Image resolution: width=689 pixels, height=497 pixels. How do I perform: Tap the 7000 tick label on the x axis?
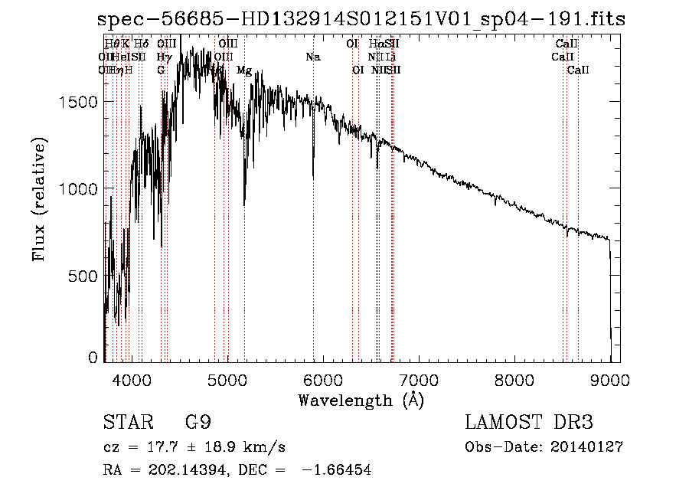click(418, 379)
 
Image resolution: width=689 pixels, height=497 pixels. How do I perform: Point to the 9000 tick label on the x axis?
click(610, 379)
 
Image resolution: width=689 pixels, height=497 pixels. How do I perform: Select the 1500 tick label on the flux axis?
click(79, 102)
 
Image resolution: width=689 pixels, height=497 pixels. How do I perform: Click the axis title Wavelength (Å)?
click(361, 400)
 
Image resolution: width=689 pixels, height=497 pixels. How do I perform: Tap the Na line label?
click(312, 57)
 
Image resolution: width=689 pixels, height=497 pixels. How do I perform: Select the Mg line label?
click(244, 70)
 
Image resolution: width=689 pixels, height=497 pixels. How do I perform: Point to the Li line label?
click(390, 57)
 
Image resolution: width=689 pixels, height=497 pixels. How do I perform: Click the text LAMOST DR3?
click(529, 422)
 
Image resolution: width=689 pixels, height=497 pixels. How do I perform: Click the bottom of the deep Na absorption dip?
click(313, 177)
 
